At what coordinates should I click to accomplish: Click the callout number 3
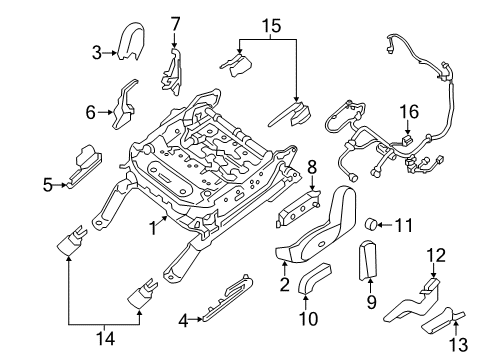pyautogui.click(x=98, y=52)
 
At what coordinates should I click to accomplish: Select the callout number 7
pyautogui.click(x=175, y=22)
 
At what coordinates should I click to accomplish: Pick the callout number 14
pyautogui.click(x=104, y=339)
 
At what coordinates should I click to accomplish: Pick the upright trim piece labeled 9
pyautogui.click(x=367, y=262)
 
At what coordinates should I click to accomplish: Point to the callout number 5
pyautogui.click(x=47, y=183)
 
